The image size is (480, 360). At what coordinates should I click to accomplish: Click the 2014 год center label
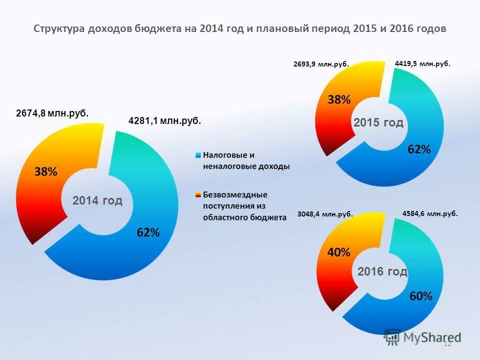click(97, 201)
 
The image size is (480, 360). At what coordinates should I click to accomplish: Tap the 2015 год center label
click(378, 123)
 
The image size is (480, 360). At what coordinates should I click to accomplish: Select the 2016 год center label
click(382, 271)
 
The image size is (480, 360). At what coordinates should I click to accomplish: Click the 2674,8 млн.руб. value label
click(52, 113)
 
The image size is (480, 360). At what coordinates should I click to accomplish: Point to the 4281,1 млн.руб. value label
click(165, 120)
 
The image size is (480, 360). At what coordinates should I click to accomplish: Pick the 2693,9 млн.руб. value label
click(320, 64)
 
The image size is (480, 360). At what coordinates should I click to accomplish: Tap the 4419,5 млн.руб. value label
click(422, 63)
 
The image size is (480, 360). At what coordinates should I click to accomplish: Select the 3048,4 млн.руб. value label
click(325, 214)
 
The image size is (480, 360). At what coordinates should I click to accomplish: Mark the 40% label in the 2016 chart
click(338, 252)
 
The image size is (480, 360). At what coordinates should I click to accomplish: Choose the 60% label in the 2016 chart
click(421, 296)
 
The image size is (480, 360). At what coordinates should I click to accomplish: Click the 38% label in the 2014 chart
click(45, 172)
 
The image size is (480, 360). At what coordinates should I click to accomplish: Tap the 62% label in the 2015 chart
click(418, 149)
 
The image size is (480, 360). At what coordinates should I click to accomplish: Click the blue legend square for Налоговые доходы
click(198, 155)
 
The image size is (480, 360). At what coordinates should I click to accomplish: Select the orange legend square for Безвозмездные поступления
click(198, 194)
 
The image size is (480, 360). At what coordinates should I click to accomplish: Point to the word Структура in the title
click(59, 28)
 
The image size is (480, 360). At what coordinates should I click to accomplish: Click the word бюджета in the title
click(158, 28)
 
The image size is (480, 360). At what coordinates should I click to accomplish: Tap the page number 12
click(447, 343)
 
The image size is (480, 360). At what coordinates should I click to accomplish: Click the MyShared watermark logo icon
click(392, 337)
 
